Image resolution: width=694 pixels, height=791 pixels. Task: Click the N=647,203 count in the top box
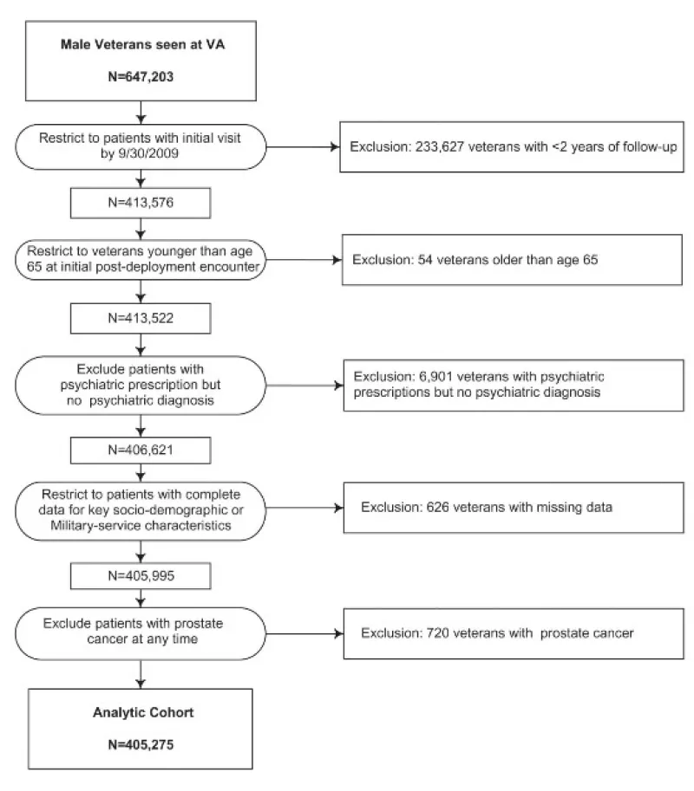141,77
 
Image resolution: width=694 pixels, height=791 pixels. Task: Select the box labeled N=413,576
141,203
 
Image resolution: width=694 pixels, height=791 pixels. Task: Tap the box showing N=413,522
141,318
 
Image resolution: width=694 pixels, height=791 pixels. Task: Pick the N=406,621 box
141,450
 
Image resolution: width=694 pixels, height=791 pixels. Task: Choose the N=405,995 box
141,575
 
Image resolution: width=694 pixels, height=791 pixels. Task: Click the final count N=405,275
141,744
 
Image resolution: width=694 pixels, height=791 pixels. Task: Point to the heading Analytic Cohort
143,712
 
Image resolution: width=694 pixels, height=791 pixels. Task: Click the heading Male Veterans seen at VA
143,44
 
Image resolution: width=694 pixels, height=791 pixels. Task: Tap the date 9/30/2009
147,153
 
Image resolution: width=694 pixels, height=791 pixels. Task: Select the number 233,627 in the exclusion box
440,146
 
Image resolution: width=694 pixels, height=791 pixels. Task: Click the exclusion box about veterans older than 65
512,260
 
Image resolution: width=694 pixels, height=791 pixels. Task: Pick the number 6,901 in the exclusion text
435,377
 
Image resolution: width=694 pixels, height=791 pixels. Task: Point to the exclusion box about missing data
514,508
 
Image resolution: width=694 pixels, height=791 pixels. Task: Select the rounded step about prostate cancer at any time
141,633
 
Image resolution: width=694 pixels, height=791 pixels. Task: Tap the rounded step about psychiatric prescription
141,386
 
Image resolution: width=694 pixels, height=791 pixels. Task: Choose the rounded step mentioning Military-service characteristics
141,511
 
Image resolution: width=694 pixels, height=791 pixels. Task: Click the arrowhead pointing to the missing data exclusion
339,508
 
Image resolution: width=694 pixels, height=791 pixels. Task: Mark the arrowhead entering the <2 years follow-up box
335,146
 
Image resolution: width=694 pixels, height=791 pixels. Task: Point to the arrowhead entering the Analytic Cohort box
141,684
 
